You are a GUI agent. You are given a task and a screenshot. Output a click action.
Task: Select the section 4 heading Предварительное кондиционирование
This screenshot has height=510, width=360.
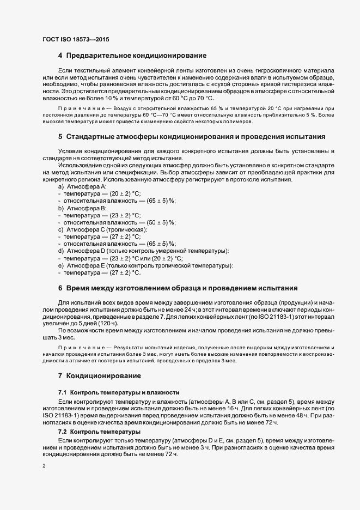pos(131,56)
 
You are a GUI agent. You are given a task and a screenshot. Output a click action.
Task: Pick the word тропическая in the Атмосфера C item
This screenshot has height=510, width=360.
pos(126,229)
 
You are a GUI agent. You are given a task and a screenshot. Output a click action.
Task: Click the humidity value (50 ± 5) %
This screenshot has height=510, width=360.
pos(157,222)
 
